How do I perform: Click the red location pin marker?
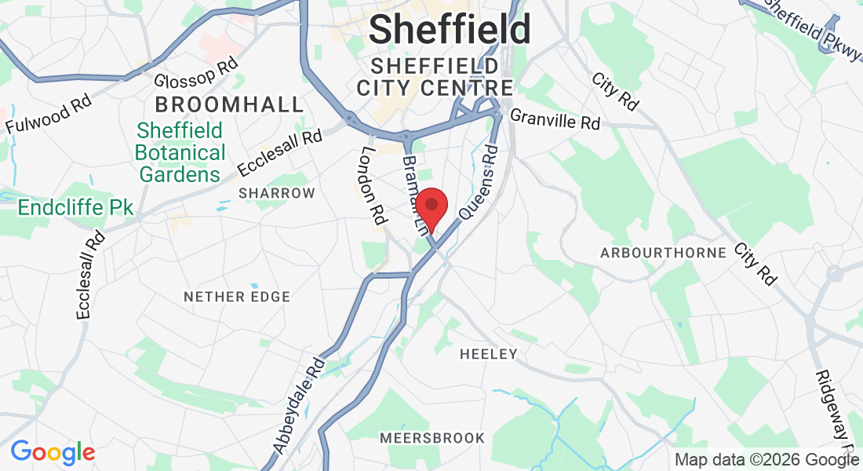(x=431, y=208)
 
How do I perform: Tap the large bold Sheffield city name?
(x=450, y=31)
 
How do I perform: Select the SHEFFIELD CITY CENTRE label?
(x=435, y=76)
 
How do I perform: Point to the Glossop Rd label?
(x=195, y=74)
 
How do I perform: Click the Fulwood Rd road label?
(x=49, y=114)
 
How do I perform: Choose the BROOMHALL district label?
(x=229, y=104)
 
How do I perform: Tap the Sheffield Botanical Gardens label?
(x=180, y=152)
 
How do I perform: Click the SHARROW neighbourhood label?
(x=277, y=193)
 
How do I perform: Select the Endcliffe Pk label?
(x=75, y=208)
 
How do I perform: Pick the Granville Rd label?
(x=555, y=120)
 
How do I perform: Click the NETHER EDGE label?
(x=237, y=297)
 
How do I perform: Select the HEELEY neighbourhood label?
(x=489, y=354)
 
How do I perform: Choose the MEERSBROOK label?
(x=432, y=437)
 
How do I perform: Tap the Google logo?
(x=53, y=452)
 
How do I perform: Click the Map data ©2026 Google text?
(x=767, y=460)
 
